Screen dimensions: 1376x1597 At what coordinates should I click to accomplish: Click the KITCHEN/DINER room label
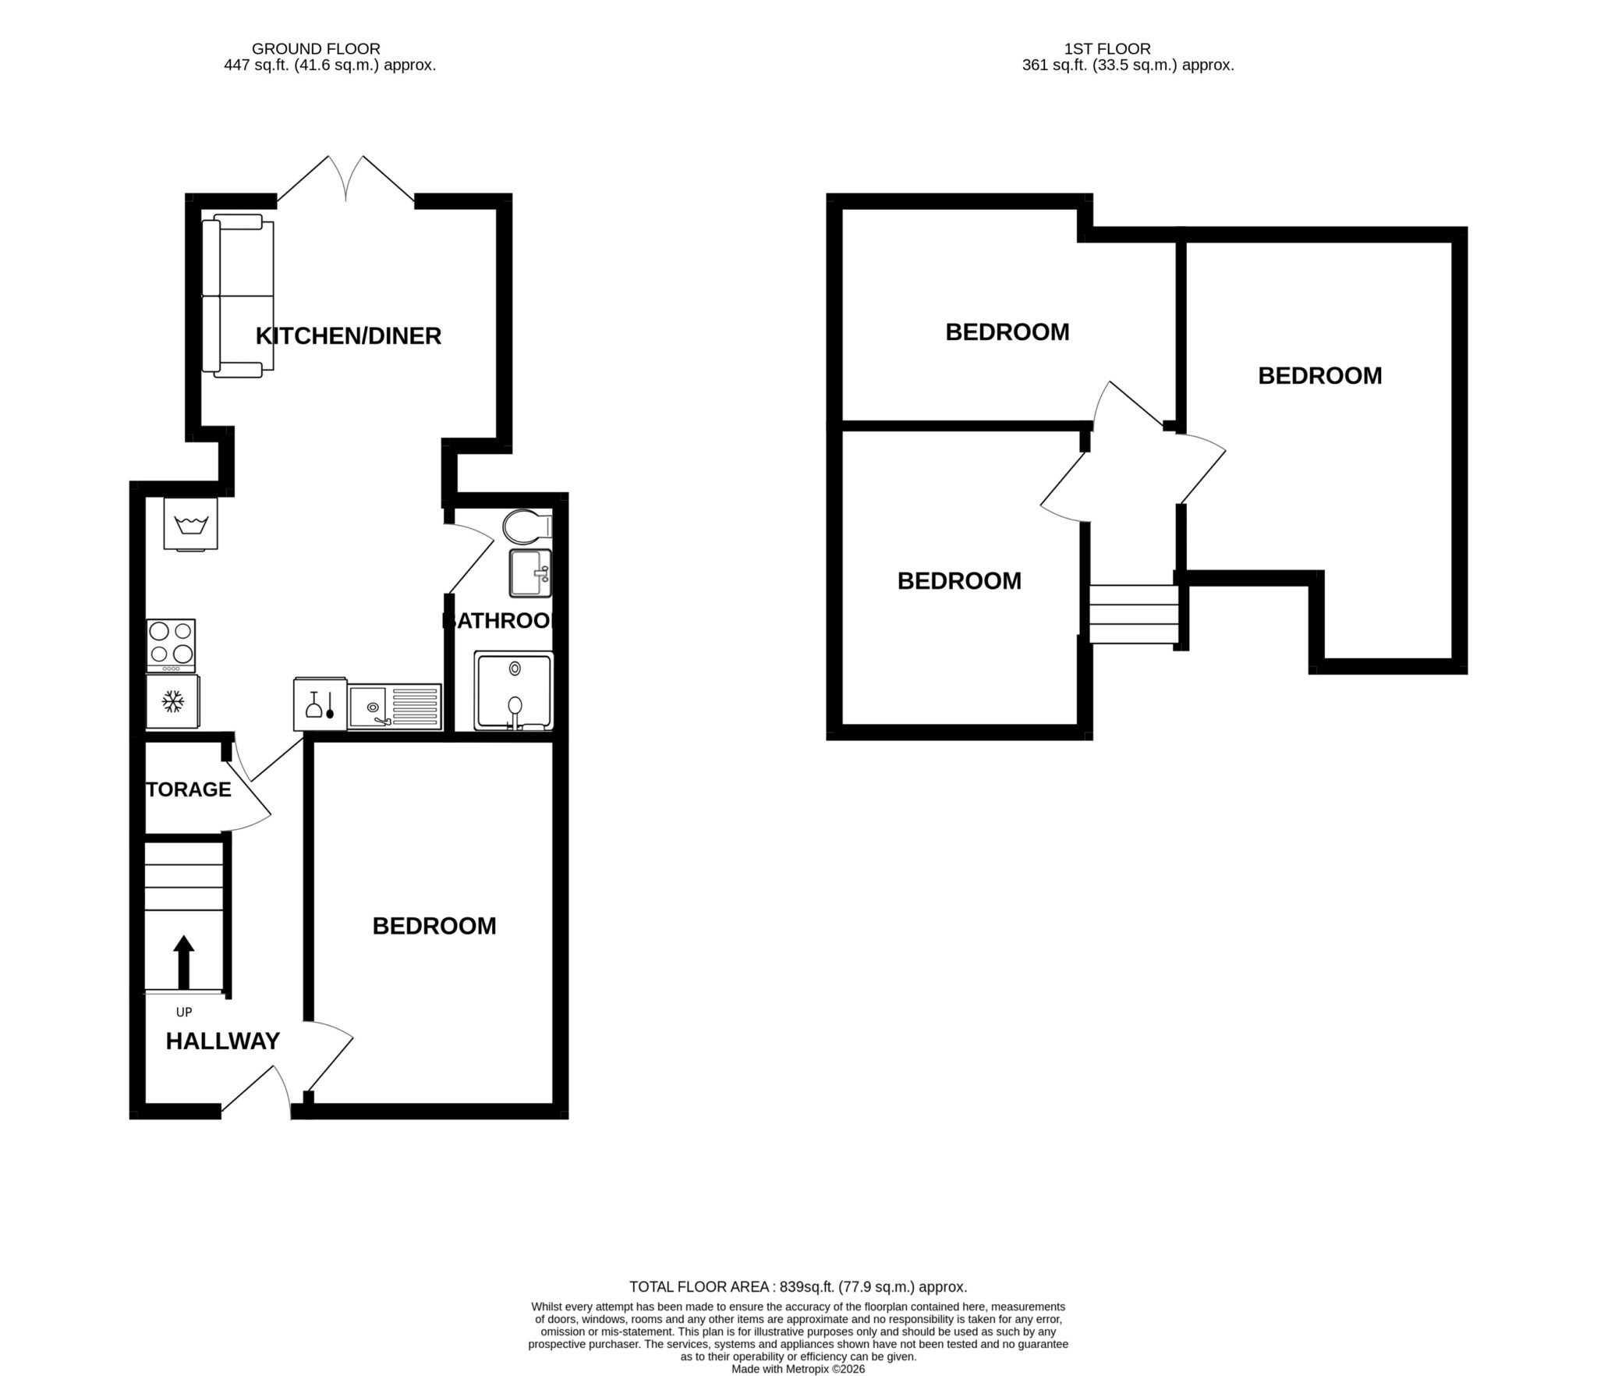point(349,336)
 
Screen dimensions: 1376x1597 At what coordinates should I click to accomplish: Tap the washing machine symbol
point(190,524)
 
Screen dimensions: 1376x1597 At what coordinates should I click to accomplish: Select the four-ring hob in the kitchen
point(171,644)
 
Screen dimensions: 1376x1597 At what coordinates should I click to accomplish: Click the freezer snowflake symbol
point(172,701)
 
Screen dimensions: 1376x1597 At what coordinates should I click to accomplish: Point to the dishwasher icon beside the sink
point(320,704)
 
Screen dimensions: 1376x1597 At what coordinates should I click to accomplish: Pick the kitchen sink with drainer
point(394,707)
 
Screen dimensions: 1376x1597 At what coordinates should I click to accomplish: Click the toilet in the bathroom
point(526,527)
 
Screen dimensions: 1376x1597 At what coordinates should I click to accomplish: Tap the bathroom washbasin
point(530,573)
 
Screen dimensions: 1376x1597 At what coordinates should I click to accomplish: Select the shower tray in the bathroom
point(514,691)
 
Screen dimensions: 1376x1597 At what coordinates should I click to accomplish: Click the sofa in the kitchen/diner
point(238,296)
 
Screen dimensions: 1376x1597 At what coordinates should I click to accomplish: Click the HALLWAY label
point(222,1041)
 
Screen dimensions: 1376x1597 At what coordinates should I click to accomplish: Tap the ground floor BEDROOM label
point(434,926)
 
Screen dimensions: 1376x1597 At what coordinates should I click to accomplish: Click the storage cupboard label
point(189,789)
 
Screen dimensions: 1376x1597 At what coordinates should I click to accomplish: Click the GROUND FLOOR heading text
point(316,49)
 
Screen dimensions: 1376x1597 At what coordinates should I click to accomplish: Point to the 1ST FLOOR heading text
point(1107,49)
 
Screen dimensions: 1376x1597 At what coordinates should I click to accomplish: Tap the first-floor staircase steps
point(1133,615)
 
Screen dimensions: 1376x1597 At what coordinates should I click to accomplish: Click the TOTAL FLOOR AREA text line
point(798,1287)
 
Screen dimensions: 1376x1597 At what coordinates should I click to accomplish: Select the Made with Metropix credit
point(798,1369)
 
